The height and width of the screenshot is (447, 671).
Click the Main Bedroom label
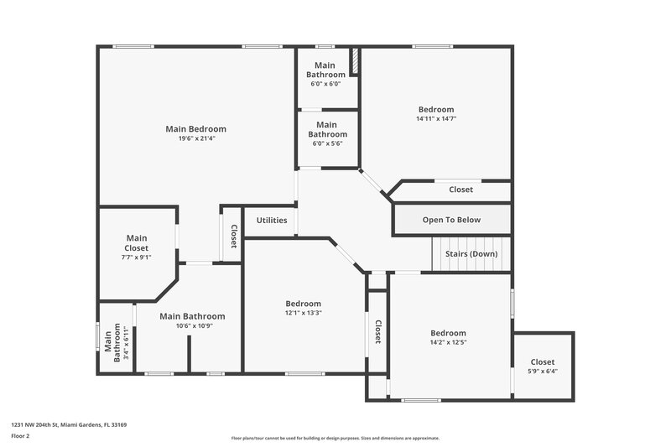pyautogui.click(x=195, y=129)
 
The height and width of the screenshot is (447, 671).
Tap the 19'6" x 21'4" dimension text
pyautogui.click(x=195, y=138)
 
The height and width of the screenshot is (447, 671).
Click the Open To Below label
pyautogui.click(x=452, y=221)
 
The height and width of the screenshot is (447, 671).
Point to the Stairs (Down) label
pyautogui.click(x=471, y=253)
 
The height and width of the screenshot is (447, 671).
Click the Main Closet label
pyautogui.click(x=137, y=243)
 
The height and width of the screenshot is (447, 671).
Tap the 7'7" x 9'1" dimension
pyautogui.click(x=137, y=258)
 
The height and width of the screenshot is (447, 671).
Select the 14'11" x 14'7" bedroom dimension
pyautogui.click(x=436, y=119)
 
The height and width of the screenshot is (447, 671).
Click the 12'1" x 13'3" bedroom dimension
pyautogui.click(x=303, y=313)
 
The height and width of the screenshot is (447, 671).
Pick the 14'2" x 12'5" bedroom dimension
pyautogui.click(x=448, y=342)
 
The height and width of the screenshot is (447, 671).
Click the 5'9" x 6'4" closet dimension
pyautogui.click(x=543, y=371)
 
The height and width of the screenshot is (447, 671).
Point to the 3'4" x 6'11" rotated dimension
pyautogui.click(x=127, y=343)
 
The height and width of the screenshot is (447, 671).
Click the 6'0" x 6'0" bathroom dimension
pyautogui.click(x=325, y=84)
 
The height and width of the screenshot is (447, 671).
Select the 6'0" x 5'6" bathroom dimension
pyautogui.click(x=327, y=143)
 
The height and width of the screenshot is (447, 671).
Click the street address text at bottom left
pyautogui.click(x=69, y=425)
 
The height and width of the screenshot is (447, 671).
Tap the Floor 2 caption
pyautogui.click(x=21, y=436)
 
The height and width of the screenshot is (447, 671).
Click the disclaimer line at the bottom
pyautogui.click(x=335, y=438)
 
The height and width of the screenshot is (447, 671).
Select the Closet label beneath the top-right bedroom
pyautogui.click(x=460, y=190)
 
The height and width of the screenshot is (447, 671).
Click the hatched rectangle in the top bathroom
pyautogui.click(x=354, y=62)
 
